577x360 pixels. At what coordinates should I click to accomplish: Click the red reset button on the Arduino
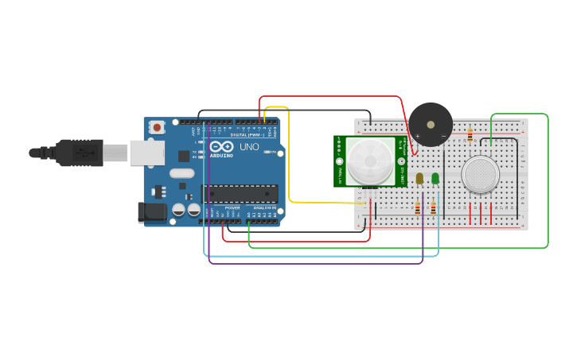[x=157, y=126]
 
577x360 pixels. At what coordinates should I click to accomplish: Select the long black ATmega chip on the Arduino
[x=240, y=192]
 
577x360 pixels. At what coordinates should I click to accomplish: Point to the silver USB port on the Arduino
[x=147, y=153]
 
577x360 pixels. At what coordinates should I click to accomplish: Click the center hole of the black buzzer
[x=431, y=124]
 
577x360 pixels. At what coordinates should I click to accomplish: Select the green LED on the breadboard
[x=435, y=179]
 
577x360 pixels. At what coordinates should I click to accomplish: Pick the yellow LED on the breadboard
[x=419, y=179]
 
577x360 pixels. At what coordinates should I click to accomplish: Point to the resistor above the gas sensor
[x=470, y=135]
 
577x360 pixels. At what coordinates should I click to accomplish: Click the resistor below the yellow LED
[x=418, y=208]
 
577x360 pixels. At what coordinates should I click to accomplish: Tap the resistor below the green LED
[x=433, y=208]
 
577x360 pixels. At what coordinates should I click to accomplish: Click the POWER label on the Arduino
[x=232, y=207]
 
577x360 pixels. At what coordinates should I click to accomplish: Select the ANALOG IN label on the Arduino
[x=264, y=207]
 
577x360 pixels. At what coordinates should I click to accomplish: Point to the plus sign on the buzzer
[x=417, y=136]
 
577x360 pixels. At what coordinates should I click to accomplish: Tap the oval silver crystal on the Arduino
[x=181, y=173]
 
